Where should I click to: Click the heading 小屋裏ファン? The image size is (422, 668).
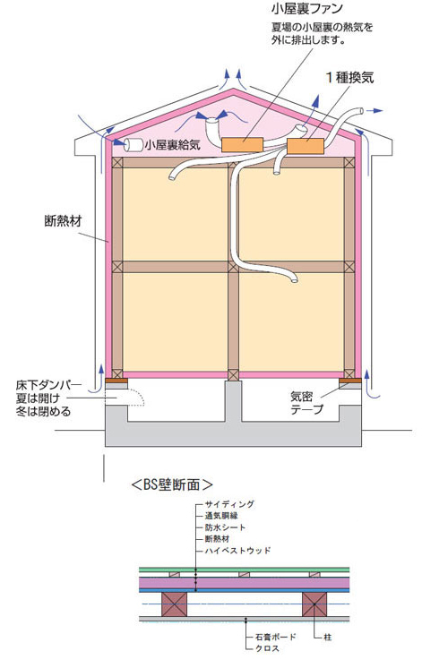tap(306, 8)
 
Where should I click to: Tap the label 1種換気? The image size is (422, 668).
tap(349, 77)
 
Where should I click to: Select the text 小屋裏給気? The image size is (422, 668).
tap(172, 145)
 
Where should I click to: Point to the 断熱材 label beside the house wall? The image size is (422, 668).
tap(63, 221)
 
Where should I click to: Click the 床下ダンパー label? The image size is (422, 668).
tap(48, 385)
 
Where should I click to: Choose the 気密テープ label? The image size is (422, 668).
tap(307, 403)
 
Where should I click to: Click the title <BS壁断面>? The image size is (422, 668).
tap(171, 484)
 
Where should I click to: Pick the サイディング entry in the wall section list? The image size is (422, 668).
tap(229, 504)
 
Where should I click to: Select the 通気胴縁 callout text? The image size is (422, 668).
tap(221, 516)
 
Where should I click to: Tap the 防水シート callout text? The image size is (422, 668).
tap(225, 527)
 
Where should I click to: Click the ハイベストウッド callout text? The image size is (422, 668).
tap(237, 551)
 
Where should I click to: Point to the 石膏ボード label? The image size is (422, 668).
tap(275, 637)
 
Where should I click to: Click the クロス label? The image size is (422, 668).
tap(267, 648)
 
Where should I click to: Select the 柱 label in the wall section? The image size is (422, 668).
tap(327, 638)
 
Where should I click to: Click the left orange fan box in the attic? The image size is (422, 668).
tap(242, 145)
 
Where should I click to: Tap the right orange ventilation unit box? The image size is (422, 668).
tap(306, 146)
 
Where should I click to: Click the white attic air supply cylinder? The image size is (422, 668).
tap(133, 145)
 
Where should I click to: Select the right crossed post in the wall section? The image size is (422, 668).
tap(314, 604)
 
